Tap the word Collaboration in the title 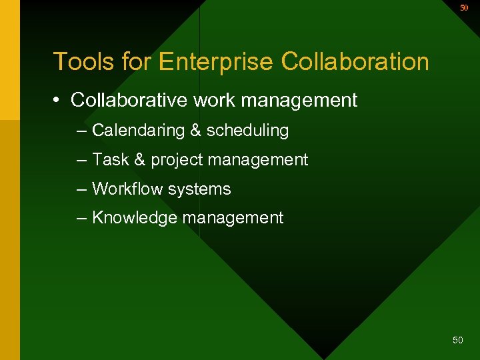[355, 61]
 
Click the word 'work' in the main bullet [208, 101]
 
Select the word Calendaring [138, 131]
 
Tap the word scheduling [247, 131]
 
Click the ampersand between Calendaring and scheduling [195, 131]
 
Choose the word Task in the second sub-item [110, 160]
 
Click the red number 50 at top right [464, 8]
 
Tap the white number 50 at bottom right [457, 340]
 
